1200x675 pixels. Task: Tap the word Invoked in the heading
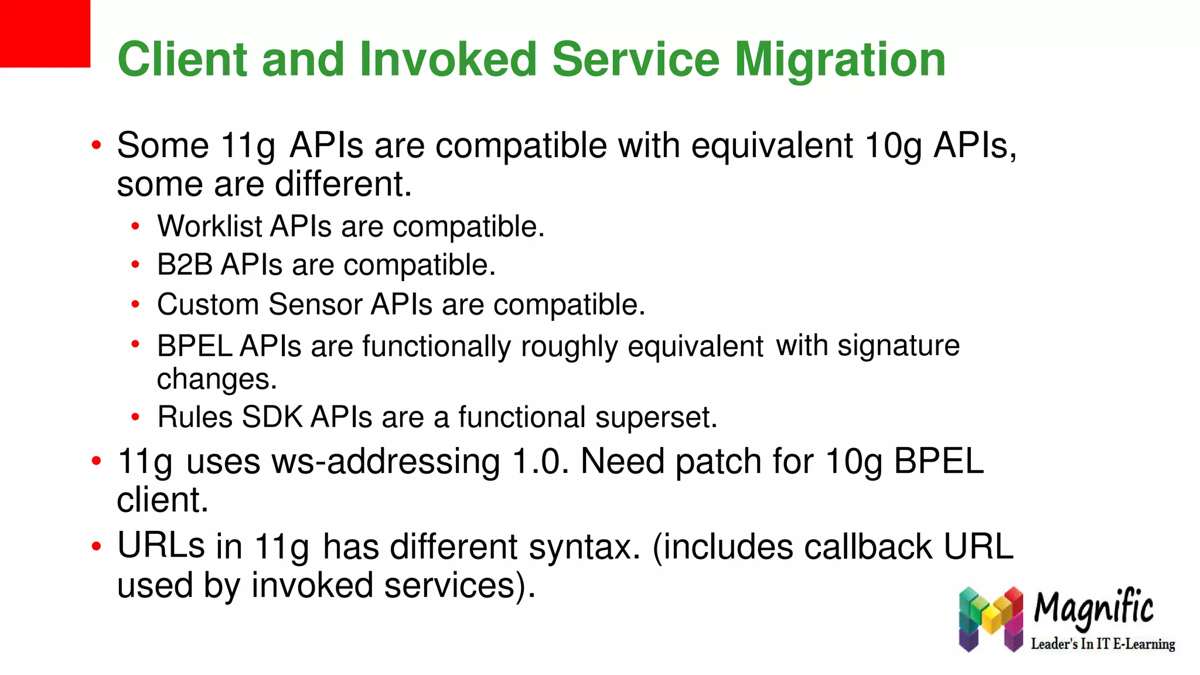point(448,60)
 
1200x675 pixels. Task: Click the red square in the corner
point(45,33)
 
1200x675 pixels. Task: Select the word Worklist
point(210,226)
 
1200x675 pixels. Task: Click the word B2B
point(185,265)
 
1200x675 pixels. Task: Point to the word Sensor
point(315,305)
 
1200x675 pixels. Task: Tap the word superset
point(656,418)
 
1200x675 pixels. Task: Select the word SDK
point(272,418)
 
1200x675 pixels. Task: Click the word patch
point(718,461)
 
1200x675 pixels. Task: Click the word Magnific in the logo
point(1093,608)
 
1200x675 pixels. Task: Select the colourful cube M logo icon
point(991,619)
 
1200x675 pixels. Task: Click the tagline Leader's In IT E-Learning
point(1103,644)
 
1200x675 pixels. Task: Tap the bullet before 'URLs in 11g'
point(97,547)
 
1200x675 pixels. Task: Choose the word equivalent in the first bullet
point(772,145)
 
